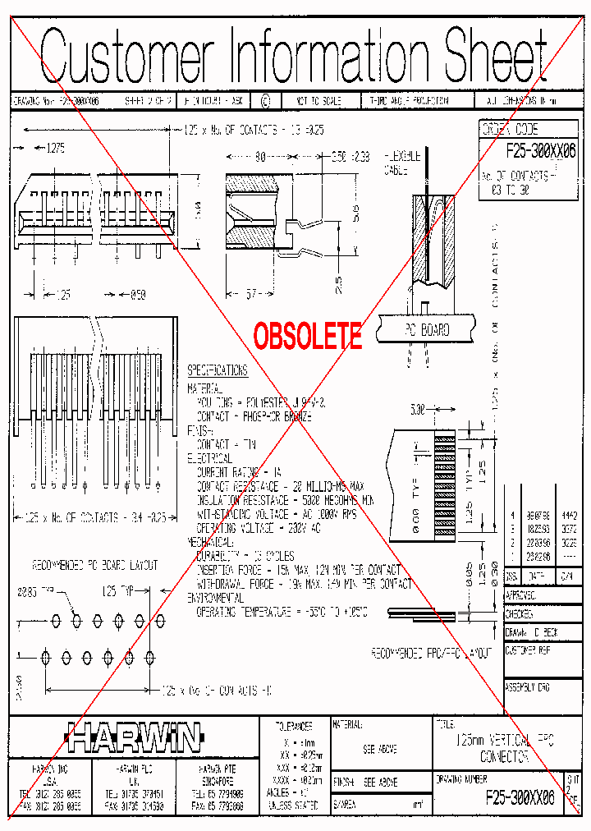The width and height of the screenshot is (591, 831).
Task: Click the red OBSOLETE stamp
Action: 307,335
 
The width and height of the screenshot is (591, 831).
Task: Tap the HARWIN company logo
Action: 133,738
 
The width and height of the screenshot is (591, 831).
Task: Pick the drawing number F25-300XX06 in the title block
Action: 520,796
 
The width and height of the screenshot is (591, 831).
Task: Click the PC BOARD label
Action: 426,330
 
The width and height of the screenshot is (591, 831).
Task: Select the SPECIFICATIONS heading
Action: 217,370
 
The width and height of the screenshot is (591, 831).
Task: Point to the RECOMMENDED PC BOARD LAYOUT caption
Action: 94,566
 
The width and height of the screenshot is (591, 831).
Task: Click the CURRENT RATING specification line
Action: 238,472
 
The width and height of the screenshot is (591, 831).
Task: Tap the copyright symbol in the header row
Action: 264,100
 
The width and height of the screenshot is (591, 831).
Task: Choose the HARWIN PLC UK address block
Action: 131,787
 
